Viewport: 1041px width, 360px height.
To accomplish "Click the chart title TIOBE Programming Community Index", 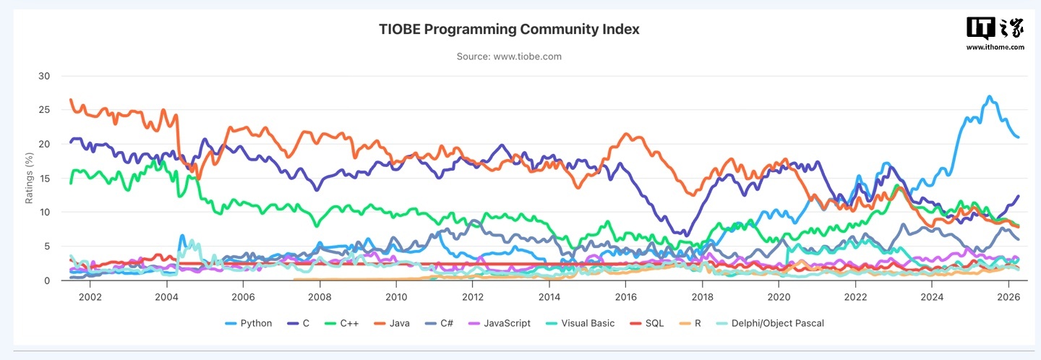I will pyautogui.click(x=509, y=30).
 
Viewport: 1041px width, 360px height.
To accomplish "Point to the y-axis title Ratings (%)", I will pyautogui.click(x=30, y=178).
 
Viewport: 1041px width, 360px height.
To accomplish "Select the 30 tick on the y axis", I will pyautogui.click(x=44, y=76).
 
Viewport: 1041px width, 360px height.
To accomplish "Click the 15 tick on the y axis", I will pyautogui.click(x=44, y=178).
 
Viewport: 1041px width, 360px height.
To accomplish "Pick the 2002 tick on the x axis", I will pyautogui.click(x=90, y=297).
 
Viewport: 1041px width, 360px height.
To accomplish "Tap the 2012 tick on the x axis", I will pyautogui.click(x=472, y=297).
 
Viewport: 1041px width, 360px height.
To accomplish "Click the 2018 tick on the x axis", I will pyautogui.click(x=702, y=297).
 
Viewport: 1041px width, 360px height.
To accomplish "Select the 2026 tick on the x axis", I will pyautogui.click(x=1008, y=297).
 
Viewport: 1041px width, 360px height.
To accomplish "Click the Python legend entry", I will pyautogui.click(x=249, y=323).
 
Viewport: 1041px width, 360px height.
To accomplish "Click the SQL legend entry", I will pyautogui.click(x=655, y=323).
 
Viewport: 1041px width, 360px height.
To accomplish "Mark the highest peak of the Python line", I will pyautogui.click(x=990, y=97).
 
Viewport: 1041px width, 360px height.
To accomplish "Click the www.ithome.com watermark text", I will pyautogui.click(x=995, y=47).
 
